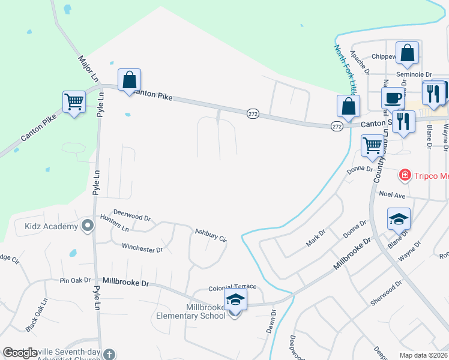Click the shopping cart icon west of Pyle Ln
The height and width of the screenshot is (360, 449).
(74, 103)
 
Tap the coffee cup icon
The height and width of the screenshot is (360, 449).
(393, 98)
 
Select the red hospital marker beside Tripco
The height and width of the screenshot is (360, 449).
(405, 175)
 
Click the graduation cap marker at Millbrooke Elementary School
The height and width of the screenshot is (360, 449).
(235, 301)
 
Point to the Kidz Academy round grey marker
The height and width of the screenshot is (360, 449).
(88, 226)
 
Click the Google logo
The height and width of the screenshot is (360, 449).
(20, 353)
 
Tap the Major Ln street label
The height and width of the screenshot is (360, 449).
(87, 70)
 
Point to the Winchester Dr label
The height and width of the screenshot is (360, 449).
(142, 247)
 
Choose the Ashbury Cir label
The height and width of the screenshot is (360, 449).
(211, 235)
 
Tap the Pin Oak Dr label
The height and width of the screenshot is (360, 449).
(75, 280)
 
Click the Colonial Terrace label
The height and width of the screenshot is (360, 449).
(232, 288)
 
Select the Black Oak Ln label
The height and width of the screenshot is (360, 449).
(36, 316)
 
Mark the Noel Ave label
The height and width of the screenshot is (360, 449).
(393, 194)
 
